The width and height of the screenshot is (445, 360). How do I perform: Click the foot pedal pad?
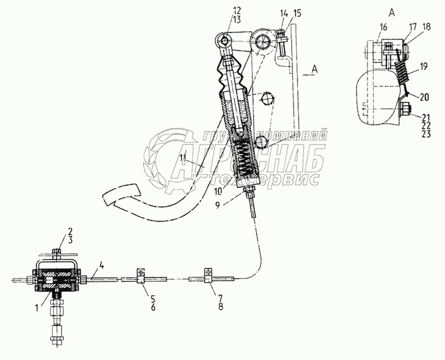pyautogui.click(x=120, y=193)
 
